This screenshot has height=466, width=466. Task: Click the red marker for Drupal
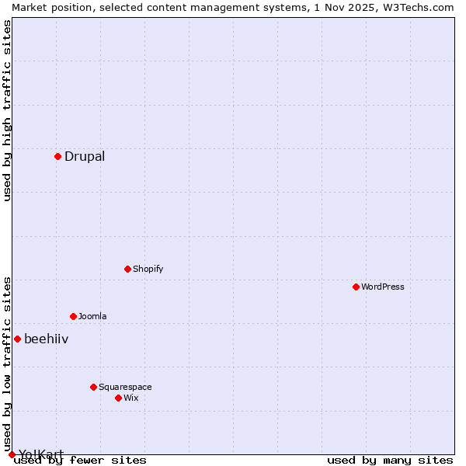(57, 156)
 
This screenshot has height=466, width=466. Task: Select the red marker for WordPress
(356, 287)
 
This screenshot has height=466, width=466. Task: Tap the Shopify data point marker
(127, 269)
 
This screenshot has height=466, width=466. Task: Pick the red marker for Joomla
(73, 316)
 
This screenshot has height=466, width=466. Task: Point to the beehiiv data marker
(17, 339)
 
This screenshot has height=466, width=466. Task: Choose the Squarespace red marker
(93, 387)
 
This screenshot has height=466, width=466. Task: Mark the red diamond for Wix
(118, 398)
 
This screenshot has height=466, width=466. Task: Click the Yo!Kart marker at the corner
(12, 454)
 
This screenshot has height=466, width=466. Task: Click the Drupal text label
(85, 156)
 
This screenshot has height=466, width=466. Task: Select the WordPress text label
(383, 287)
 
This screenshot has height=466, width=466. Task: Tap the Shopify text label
(148, 269)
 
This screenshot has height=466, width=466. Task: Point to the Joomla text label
(92, 316)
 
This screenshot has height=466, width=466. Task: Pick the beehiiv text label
(47, 339)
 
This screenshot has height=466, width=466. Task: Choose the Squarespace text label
(125, 387)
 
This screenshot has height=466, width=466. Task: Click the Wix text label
(131, 398)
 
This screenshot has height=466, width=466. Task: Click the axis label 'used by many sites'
(390, 460)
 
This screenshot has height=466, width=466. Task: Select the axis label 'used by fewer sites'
(81, 460)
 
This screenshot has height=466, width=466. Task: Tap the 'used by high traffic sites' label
(7, 110)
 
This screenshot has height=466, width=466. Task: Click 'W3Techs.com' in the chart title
(417, 7)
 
